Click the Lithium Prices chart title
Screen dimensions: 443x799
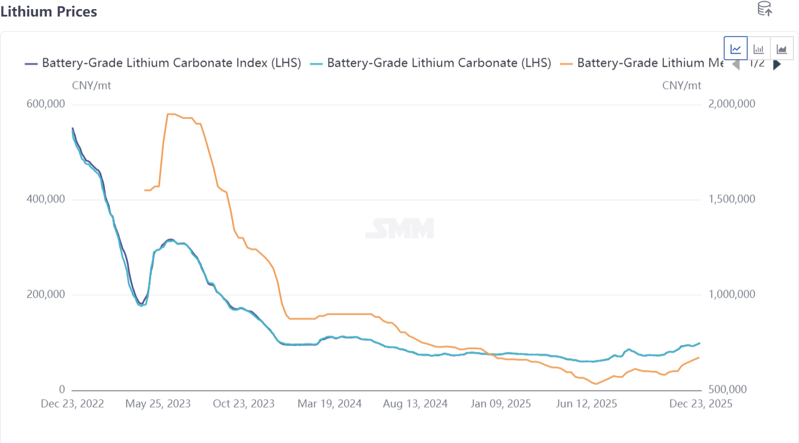point(49,11)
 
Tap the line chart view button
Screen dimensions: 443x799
point(736,48)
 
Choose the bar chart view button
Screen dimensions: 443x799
point(759,48)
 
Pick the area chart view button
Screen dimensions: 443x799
point(781,48)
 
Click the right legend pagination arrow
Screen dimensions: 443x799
point(777,64)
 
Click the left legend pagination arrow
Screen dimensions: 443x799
point(736,64)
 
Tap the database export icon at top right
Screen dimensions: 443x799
point(764,9)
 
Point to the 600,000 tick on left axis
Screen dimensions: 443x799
point(46,104)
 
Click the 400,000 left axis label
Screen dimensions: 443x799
point(46,200)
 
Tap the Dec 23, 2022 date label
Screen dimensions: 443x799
point(72,404)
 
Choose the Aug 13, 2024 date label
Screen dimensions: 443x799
point(415,404)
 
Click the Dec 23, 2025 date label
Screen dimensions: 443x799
point(700,404)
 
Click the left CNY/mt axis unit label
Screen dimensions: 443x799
point(91,86)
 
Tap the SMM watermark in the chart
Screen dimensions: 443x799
point(400,229)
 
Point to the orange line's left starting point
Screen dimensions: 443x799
point(145,190)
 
